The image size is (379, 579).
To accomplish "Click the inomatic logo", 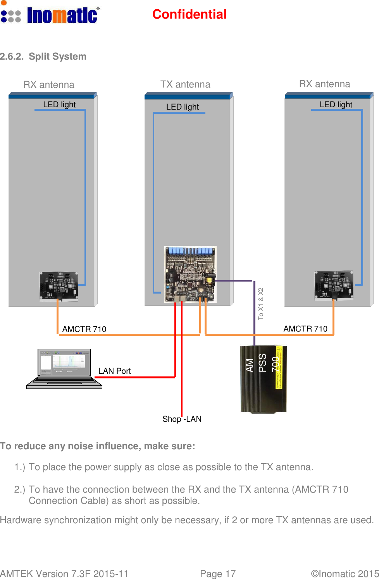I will coord(50,15).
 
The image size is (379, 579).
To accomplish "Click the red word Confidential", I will coord(189,14).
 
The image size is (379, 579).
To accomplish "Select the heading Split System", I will coord(57,57).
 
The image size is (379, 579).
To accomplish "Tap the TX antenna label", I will coord(185,84).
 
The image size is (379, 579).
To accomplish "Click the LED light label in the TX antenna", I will coord(182,107).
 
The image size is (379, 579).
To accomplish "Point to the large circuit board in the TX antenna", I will coord(190,274).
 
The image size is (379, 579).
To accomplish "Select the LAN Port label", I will coord(114,371).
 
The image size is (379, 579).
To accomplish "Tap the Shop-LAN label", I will coord(182,419).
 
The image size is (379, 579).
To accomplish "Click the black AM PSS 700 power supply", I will coord(263,379).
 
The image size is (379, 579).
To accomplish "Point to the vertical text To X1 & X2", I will coord(261,304).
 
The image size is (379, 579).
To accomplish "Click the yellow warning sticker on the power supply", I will coord(279,368).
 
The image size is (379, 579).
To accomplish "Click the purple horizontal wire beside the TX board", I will coord(234,281).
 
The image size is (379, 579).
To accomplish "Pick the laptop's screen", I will coord(64,362).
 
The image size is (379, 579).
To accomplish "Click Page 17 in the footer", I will coord(218,574).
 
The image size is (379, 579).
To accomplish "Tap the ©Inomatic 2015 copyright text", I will coord(345,574).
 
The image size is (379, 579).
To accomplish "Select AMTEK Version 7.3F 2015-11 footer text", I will coord(64,574).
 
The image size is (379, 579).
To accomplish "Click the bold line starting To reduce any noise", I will coord(98,446).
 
